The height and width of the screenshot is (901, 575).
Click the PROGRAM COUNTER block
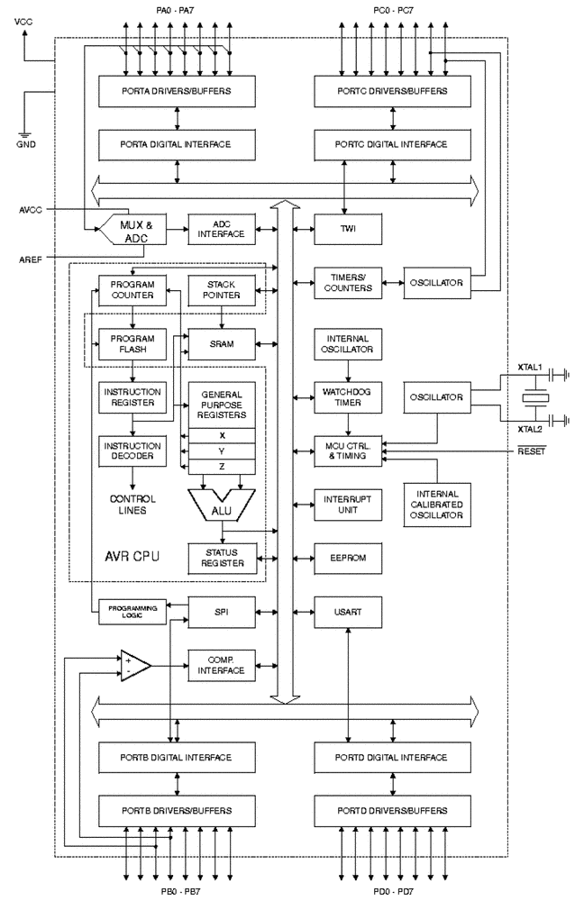[x=132, y=290]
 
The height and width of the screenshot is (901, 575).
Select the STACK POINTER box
[x=222, y=290]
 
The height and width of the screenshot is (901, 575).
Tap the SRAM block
[x=222, y=344]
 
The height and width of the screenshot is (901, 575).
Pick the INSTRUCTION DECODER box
[x=132, y=451]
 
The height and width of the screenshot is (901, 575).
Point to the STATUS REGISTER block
[x=222, y=558]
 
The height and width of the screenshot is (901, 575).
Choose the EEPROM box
[x=348, y=558]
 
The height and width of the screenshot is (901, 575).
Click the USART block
[x=348, y=612]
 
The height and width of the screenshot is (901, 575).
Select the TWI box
[x=348, y=229]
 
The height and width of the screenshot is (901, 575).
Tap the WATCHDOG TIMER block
[x=348, y=397]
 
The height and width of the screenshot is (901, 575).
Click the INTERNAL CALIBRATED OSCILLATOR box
[x=437, y=505]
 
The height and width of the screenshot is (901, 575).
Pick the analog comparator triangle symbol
[x=135, y=666]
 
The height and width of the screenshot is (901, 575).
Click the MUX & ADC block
[x=133, y=229]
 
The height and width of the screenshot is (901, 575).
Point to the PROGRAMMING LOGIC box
[x=132, y=612]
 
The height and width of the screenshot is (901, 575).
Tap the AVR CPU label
[x=132, y=556]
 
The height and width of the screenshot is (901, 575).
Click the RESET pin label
[x=532, y=451]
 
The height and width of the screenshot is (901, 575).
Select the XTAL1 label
[x=530, y=367]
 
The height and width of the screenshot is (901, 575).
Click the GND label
[x=26, y=144]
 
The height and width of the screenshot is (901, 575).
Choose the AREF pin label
[x=31, y=259]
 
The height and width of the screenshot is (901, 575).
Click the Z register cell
[x=222, y=467]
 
